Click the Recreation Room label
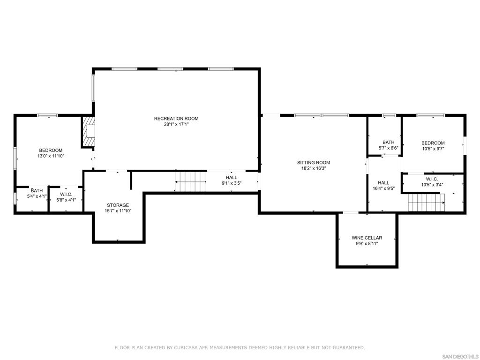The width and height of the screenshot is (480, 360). tap(176, 119)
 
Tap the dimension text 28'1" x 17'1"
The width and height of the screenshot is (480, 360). tap(176, 125)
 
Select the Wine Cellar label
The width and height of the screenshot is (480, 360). tap(367, 238)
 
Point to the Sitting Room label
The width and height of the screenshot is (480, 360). tap(313, 163)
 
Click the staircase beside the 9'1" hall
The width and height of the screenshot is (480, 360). tap(190, 181)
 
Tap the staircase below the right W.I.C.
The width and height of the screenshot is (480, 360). tap(425, 203)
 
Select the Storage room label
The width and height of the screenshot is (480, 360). tap(118, 205)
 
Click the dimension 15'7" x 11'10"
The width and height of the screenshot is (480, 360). tap(118, 211)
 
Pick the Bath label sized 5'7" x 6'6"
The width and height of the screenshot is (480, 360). tap(388, 142)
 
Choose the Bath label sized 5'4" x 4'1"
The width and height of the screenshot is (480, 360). tap(37, 191)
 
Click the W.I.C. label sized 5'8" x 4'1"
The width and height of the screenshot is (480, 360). tap(66, 194)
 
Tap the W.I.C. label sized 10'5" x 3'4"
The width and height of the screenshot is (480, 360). tap(432, 179)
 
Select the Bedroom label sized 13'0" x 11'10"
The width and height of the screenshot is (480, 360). tap(51, 150)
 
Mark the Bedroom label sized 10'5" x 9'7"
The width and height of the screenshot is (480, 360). tap(433, 143)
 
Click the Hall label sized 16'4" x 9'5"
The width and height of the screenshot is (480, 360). tap(383, 183)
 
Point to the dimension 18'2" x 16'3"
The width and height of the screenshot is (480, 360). tap(313, 169)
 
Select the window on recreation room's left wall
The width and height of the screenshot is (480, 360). tap(93, 88)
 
